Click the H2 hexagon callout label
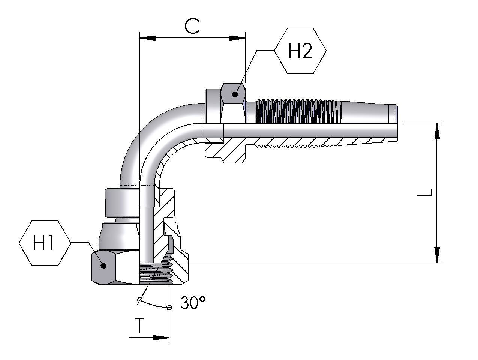pyautogui.click(x=300, y=51)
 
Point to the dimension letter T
pyautogui.click(x=139, y=325)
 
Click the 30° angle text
pyautogui.click(x=193, y=303)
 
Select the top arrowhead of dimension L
pyautogui.click(x=437, y=131)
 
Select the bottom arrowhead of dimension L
pyautogui.click(x=437, y=255)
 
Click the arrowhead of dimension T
pyautogui.click(x=161, y=338)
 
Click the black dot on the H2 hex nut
pyautogui.click(x=235, y=94)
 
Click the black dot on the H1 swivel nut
pyautogui.click(x=103, y=265)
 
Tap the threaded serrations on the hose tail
pyautogui.click(x=296, y=111)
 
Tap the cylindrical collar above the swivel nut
pyautogui.click(x=122, y=202)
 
